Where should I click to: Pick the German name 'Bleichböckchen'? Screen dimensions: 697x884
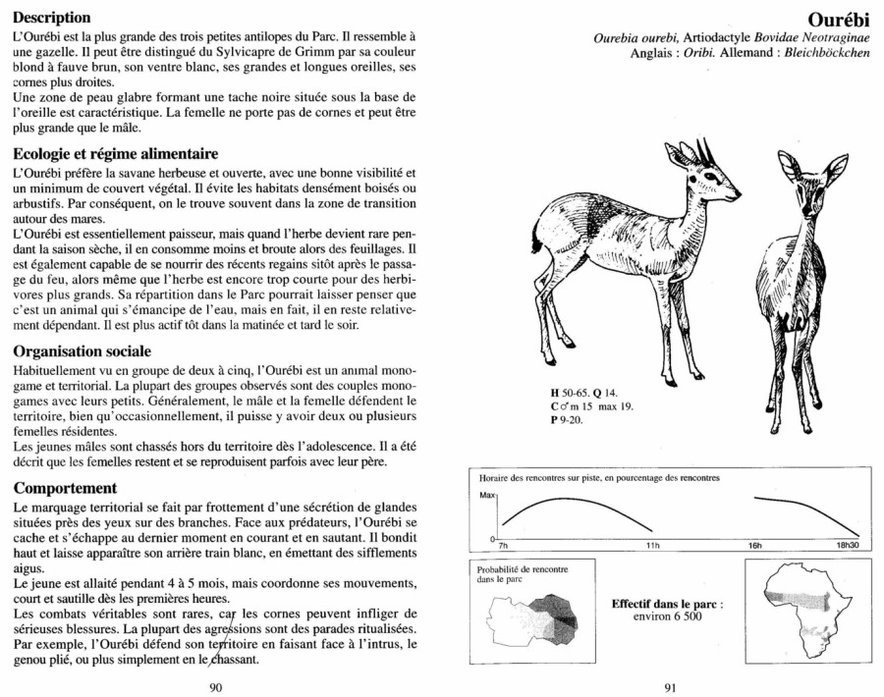(822, 52)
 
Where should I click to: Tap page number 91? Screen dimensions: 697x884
(670, 687)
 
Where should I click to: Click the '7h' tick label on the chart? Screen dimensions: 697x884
(504, 544)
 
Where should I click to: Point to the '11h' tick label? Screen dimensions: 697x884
(653, 544)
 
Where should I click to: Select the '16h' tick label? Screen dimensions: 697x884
(755, 544)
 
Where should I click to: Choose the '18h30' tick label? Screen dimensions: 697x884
(847, 544)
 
